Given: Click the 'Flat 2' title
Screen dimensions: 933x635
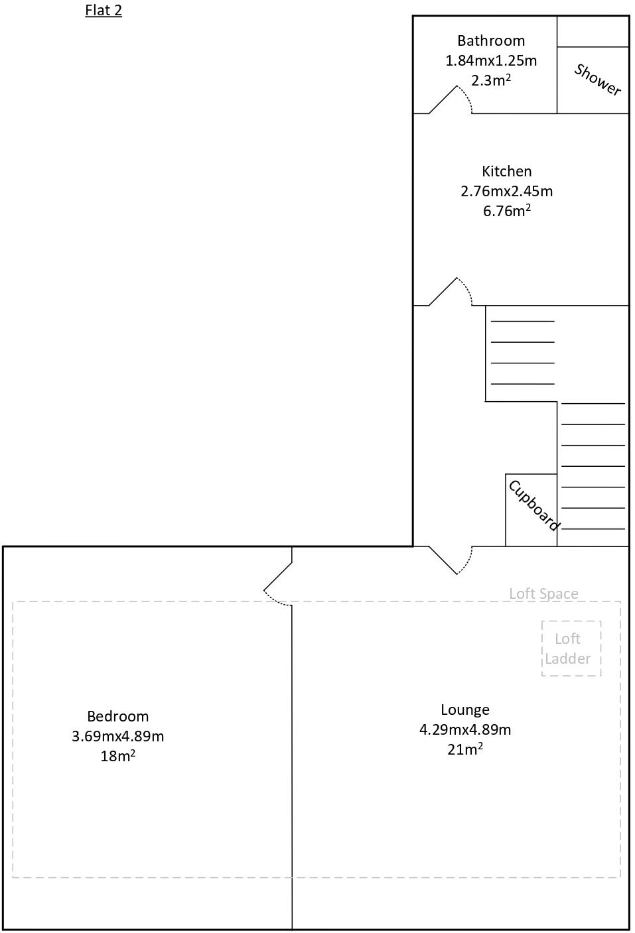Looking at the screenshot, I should point(104,11).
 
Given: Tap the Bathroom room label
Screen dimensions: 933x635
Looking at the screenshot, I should point(491,40).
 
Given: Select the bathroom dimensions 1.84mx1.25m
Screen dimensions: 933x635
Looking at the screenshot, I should point(491,60).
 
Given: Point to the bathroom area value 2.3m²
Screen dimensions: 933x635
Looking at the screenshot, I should point(491,80).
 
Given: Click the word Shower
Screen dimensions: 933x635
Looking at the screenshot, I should point(597,80).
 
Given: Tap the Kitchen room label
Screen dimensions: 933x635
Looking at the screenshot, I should point(507,171).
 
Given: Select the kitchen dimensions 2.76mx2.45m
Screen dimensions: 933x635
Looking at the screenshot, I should point(507,191).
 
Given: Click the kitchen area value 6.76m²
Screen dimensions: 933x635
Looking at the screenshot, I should point(507,211).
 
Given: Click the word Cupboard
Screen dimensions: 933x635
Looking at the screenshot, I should point(533,506).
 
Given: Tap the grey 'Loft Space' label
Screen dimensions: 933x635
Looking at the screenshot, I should point(543,593).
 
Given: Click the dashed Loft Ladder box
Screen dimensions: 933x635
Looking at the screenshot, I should point(571,649).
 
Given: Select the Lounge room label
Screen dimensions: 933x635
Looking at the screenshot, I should point(465,710).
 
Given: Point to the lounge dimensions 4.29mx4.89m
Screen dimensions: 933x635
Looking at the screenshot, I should point(465,729).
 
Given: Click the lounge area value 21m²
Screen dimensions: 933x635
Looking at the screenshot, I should point(465,749).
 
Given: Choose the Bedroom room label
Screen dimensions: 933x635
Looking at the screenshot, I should point(118,716).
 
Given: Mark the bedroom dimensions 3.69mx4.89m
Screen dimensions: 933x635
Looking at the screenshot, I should point(118,736).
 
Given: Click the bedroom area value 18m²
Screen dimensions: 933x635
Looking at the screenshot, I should point(118,756).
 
